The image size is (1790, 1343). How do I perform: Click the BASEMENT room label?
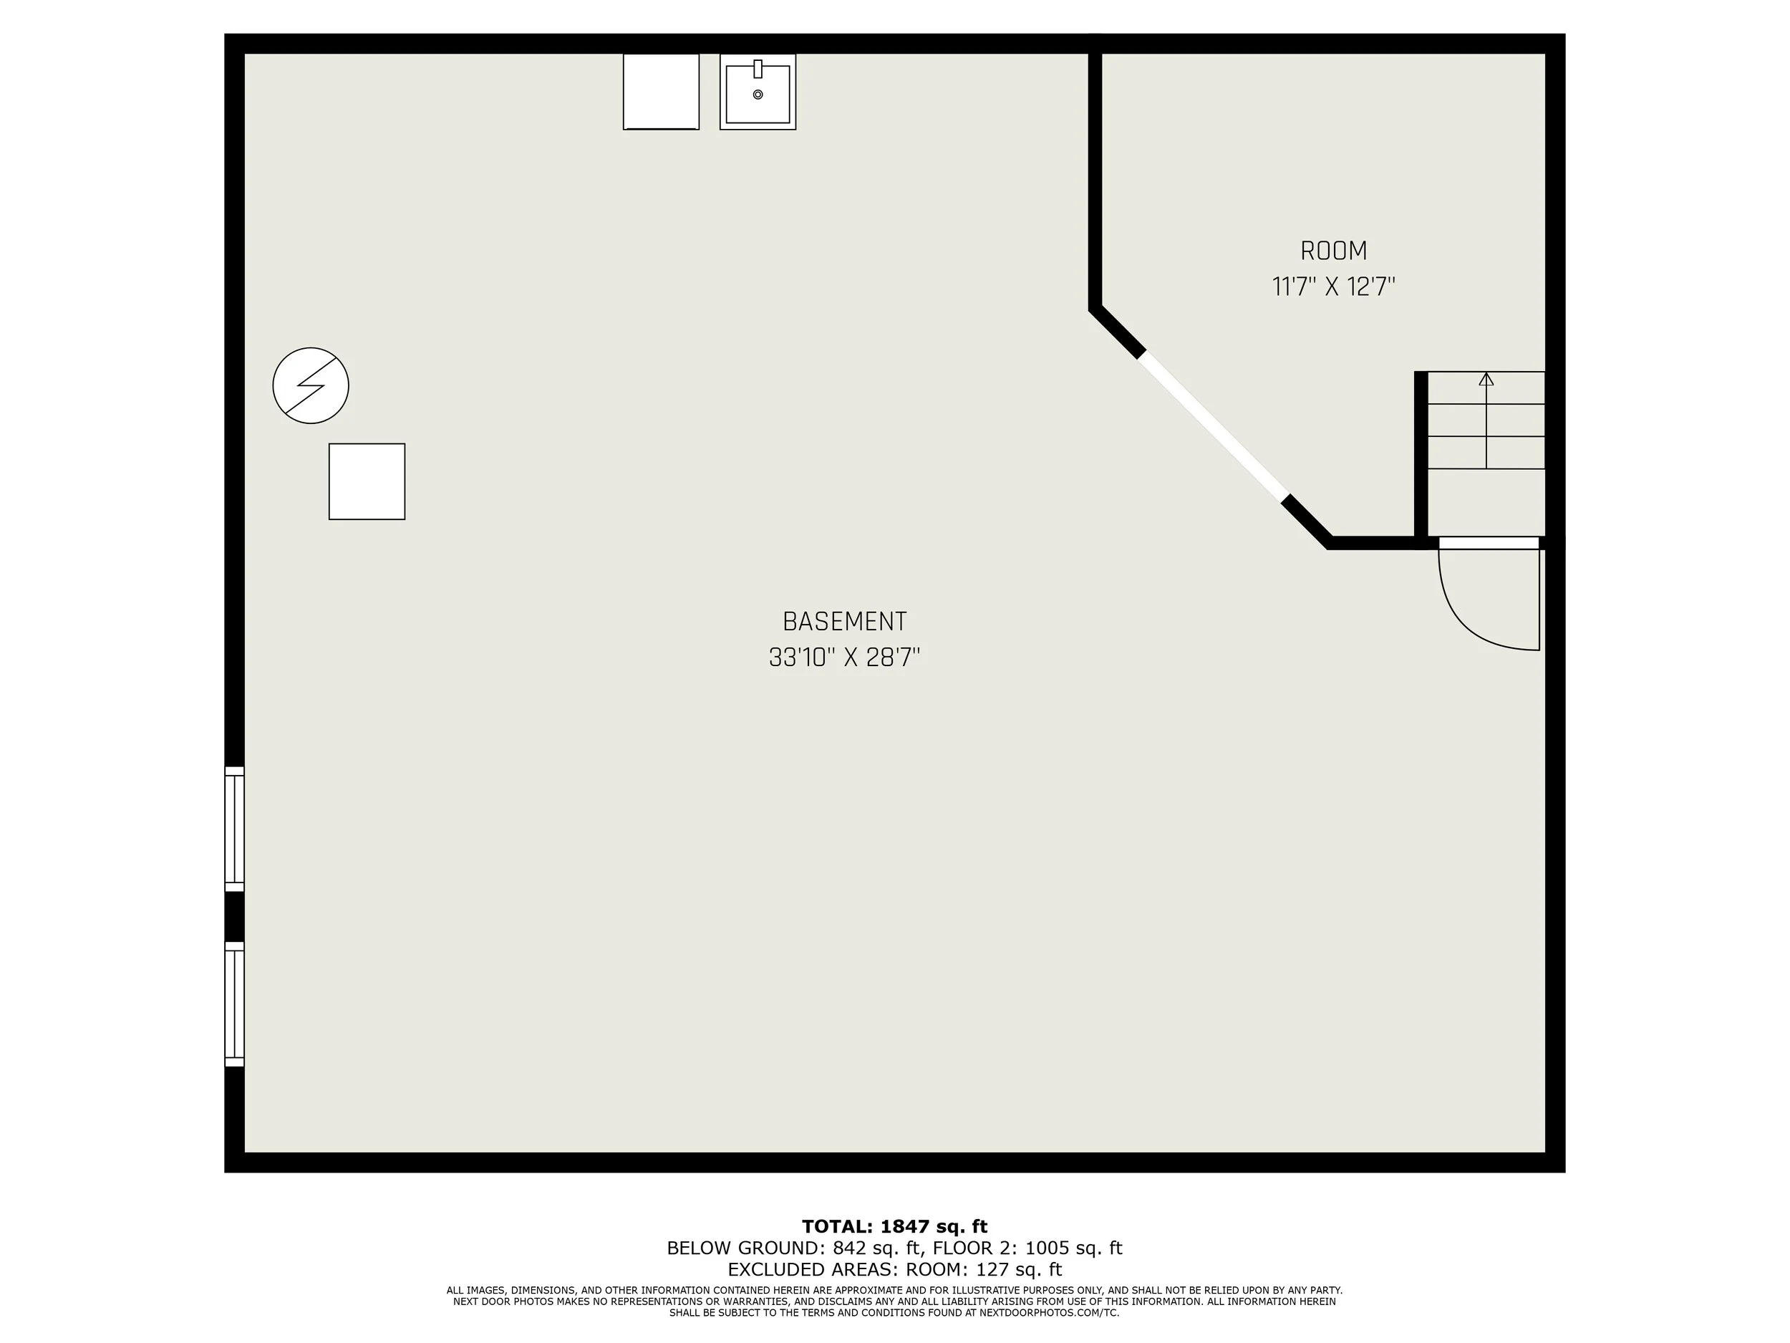[x=844, y=622]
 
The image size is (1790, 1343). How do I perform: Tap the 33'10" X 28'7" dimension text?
[x=844, y=658]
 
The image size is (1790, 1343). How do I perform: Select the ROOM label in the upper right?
[x=1334, y=251]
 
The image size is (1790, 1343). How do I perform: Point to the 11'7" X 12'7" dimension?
[x=1334, y=287]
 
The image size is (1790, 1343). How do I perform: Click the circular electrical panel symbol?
[x=311, y=385]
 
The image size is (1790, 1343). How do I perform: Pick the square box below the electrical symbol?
[x=367, y=481]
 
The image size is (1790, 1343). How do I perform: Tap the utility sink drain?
[x=758, y=95]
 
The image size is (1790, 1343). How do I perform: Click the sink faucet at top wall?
[x=758, y=69]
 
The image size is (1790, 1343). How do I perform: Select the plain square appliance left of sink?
[x=660, y=92]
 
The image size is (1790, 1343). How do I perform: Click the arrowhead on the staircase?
[x=1486, y=379]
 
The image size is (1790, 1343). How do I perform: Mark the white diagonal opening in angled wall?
[x=1211, y=427]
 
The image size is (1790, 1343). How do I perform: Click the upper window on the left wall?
[x=234, y=829]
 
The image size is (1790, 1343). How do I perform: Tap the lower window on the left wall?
[x=234, y=1003]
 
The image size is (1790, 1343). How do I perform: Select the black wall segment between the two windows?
[x=234, y=916]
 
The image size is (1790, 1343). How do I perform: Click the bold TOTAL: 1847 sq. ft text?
[x=894, y=1226]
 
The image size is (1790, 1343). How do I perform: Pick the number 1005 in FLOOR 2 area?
[x=1046, y=1248]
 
